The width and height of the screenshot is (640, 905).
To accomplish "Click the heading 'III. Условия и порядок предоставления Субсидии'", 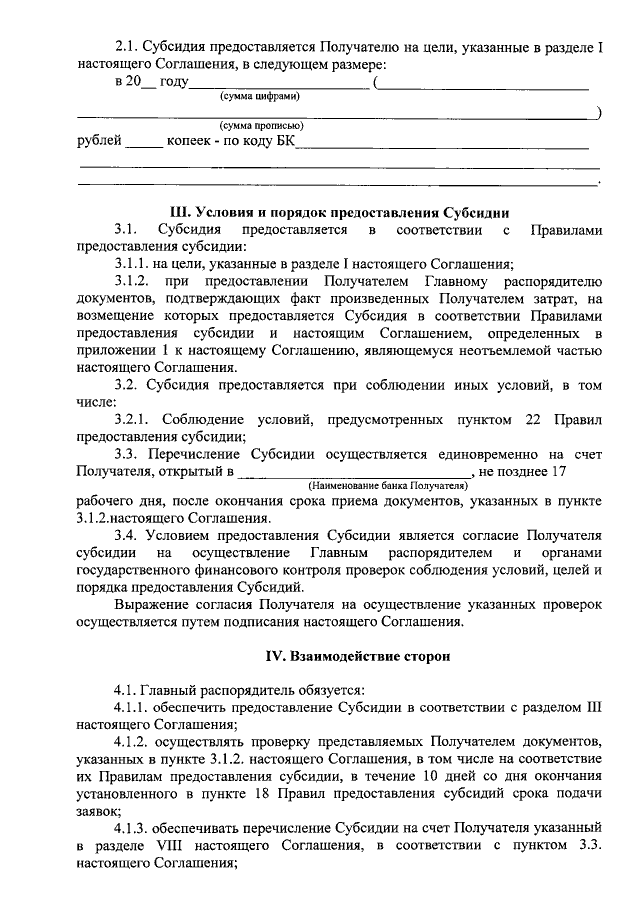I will tap(341, 212).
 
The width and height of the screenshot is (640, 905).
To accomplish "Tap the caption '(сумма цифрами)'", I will tap(259, 97).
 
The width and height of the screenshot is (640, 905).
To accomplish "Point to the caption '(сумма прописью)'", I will tap(262, 126).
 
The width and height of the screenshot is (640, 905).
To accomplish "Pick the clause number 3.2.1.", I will tap(132, 418).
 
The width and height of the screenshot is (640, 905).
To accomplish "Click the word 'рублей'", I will tap(99, 141).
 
